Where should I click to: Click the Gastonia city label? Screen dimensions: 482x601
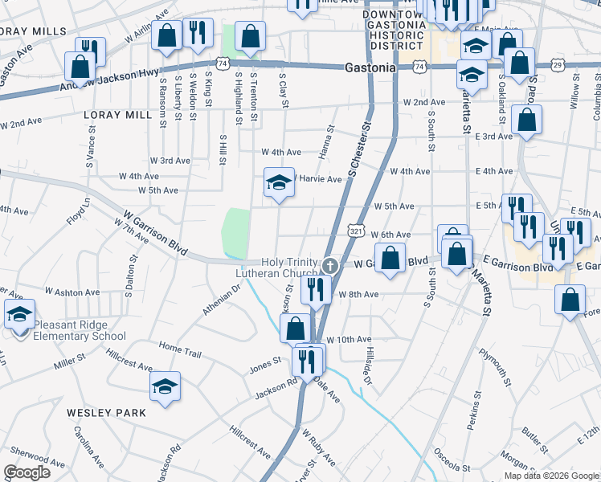[370, 68]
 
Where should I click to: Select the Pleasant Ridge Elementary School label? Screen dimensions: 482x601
[80, 331]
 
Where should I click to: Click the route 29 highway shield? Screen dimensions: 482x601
[558, 63]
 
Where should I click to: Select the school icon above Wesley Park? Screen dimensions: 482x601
[166, 388]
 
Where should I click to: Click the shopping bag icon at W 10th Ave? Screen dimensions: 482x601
[295, 328]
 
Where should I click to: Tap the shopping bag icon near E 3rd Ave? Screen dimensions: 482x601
[526, 120]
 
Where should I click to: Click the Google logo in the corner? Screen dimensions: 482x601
[27, 472]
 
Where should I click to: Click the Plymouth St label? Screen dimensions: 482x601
[498, 366]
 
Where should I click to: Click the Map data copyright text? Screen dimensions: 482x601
[551, 476]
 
